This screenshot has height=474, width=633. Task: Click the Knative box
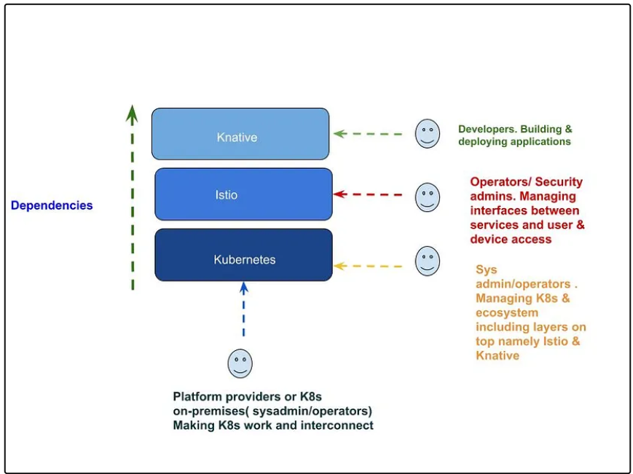tap(240, 134)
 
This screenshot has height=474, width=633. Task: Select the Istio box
tap(243, 194)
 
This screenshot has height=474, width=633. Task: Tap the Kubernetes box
tap(243, 255)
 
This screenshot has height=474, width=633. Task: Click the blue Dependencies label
tap(52, 205)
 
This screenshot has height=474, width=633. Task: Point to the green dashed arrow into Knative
tap(368, 134)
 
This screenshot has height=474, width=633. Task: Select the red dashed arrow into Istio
tap(368, 194)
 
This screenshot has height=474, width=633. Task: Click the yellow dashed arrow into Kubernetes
tap(368, 266)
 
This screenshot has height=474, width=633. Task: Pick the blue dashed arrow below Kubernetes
tap(243, 309)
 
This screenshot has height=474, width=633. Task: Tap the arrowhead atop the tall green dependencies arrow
tap(132, 114)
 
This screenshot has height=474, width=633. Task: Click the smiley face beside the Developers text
tap(428, 133)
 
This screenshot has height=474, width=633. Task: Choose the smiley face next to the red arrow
tap(428, 197)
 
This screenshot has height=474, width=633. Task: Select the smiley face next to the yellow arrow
tap(428, 261)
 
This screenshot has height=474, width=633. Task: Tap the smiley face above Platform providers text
tap(240, 363)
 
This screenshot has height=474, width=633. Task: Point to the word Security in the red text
tap(559, 182)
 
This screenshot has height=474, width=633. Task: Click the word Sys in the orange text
tap(487, 270)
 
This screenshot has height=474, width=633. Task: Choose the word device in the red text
tap(489, 240)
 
